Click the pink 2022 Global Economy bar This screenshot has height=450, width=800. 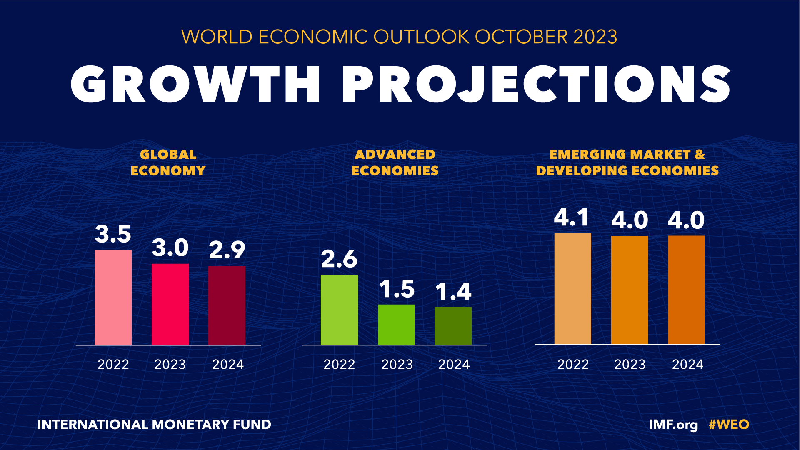[x=113, y=297]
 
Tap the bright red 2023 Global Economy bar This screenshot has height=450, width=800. [x=170, y=304]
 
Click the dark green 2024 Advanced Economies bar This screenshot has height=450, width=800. [x=453, y=326]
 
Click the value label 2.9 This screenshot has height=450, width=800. [x=227, y=250]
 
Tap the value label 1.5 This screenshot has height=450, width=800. [x=397, y=289]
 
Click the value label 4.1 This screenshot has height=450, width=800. [x=571, y=217]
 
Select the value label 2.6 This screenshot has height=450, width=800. [x=339, y=259]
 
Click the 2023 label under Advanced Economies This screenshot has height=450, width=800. [x=397, y=365]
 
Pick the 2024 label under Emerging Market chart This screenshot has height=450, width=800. [x=687, y=365]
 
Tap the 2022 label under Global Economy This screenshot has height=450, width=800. [x=113, y=365]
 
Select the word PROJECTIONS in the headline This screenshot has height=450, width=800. [x=536, y=84]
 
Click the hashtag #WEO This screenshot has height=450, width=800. [x=729, y=425]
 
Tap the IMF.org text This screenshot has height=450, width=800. [x=673, y=425]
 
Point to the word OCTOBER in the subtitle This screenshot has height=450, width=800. [x=521, y=37]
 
